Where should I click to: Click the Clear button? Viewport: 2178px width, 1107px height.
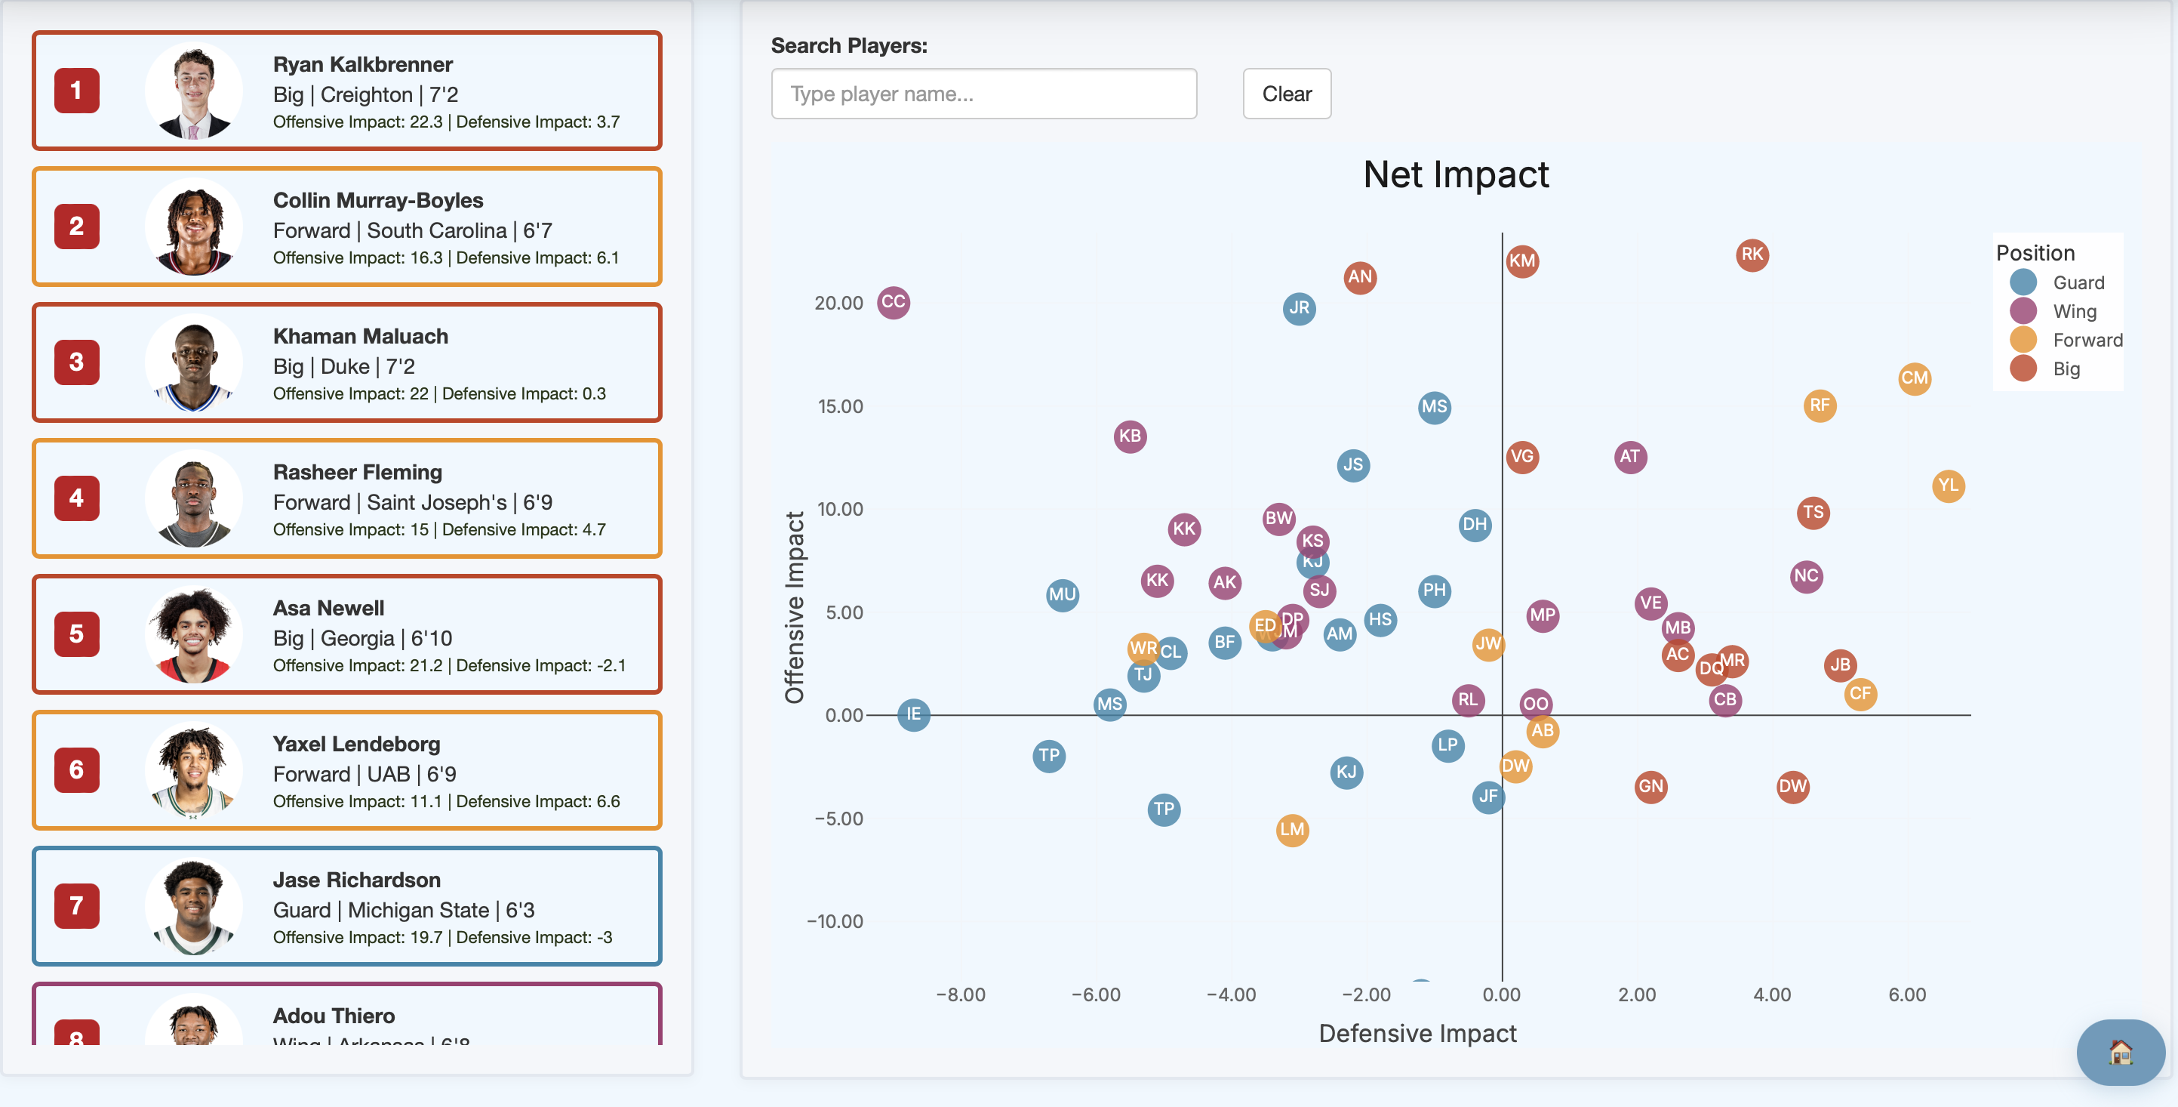pyautogui.click(x=1286, y=94)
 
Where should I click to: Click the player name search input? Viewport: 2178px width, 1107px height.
pyautogui.click(x=983, y=94)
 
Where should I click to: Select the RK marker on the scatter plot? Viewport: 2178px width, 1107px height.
pyautogui.click(x=1751, y=254)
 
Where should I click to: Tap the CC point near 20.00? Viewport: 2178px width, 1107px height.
pyautogui.click(x=893, y=302)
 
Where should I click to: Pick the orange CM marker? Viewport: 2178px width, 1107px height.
pyautogui.click(x=1913, y=378)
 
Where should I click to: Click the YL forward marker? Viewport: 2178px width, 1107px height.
pyautogui.click(x=1947, y=486)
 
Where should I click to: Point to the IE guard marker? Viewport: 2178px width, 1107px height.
pyautogui.click(x=913, y=714)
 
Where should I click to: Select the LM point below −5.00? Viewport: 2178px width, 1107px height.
pyautogui.click(x=1291, y=830)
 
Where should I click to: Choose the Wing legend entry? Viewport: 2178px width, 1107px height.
pyautogui.click(x=2074, y=311)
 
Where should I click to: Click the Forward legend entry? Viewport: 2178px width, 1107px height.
pyautogui.click(x=2086, y=340)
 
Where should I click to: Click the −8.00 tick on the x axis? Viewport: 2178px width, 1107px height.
pyautogui.click(x=961, y=994)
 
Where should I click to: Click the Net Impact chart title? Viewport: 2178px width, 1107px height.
pyautogui.click(x=1455, y=175)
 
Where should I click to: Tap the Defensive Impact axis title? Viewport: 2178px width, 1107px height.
pyautogui.click(x=1417, y=1034)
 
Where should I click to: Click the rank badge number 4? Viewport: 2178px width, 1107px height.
pyautogui.click(x=77, y=498)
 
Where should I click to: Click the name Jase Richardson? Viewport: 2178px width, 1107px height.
pyautogui.click(x=356, y=880)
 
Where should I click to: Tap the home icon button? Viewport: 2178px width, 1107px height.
pyautogui.click(x=2119, y=1052)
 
